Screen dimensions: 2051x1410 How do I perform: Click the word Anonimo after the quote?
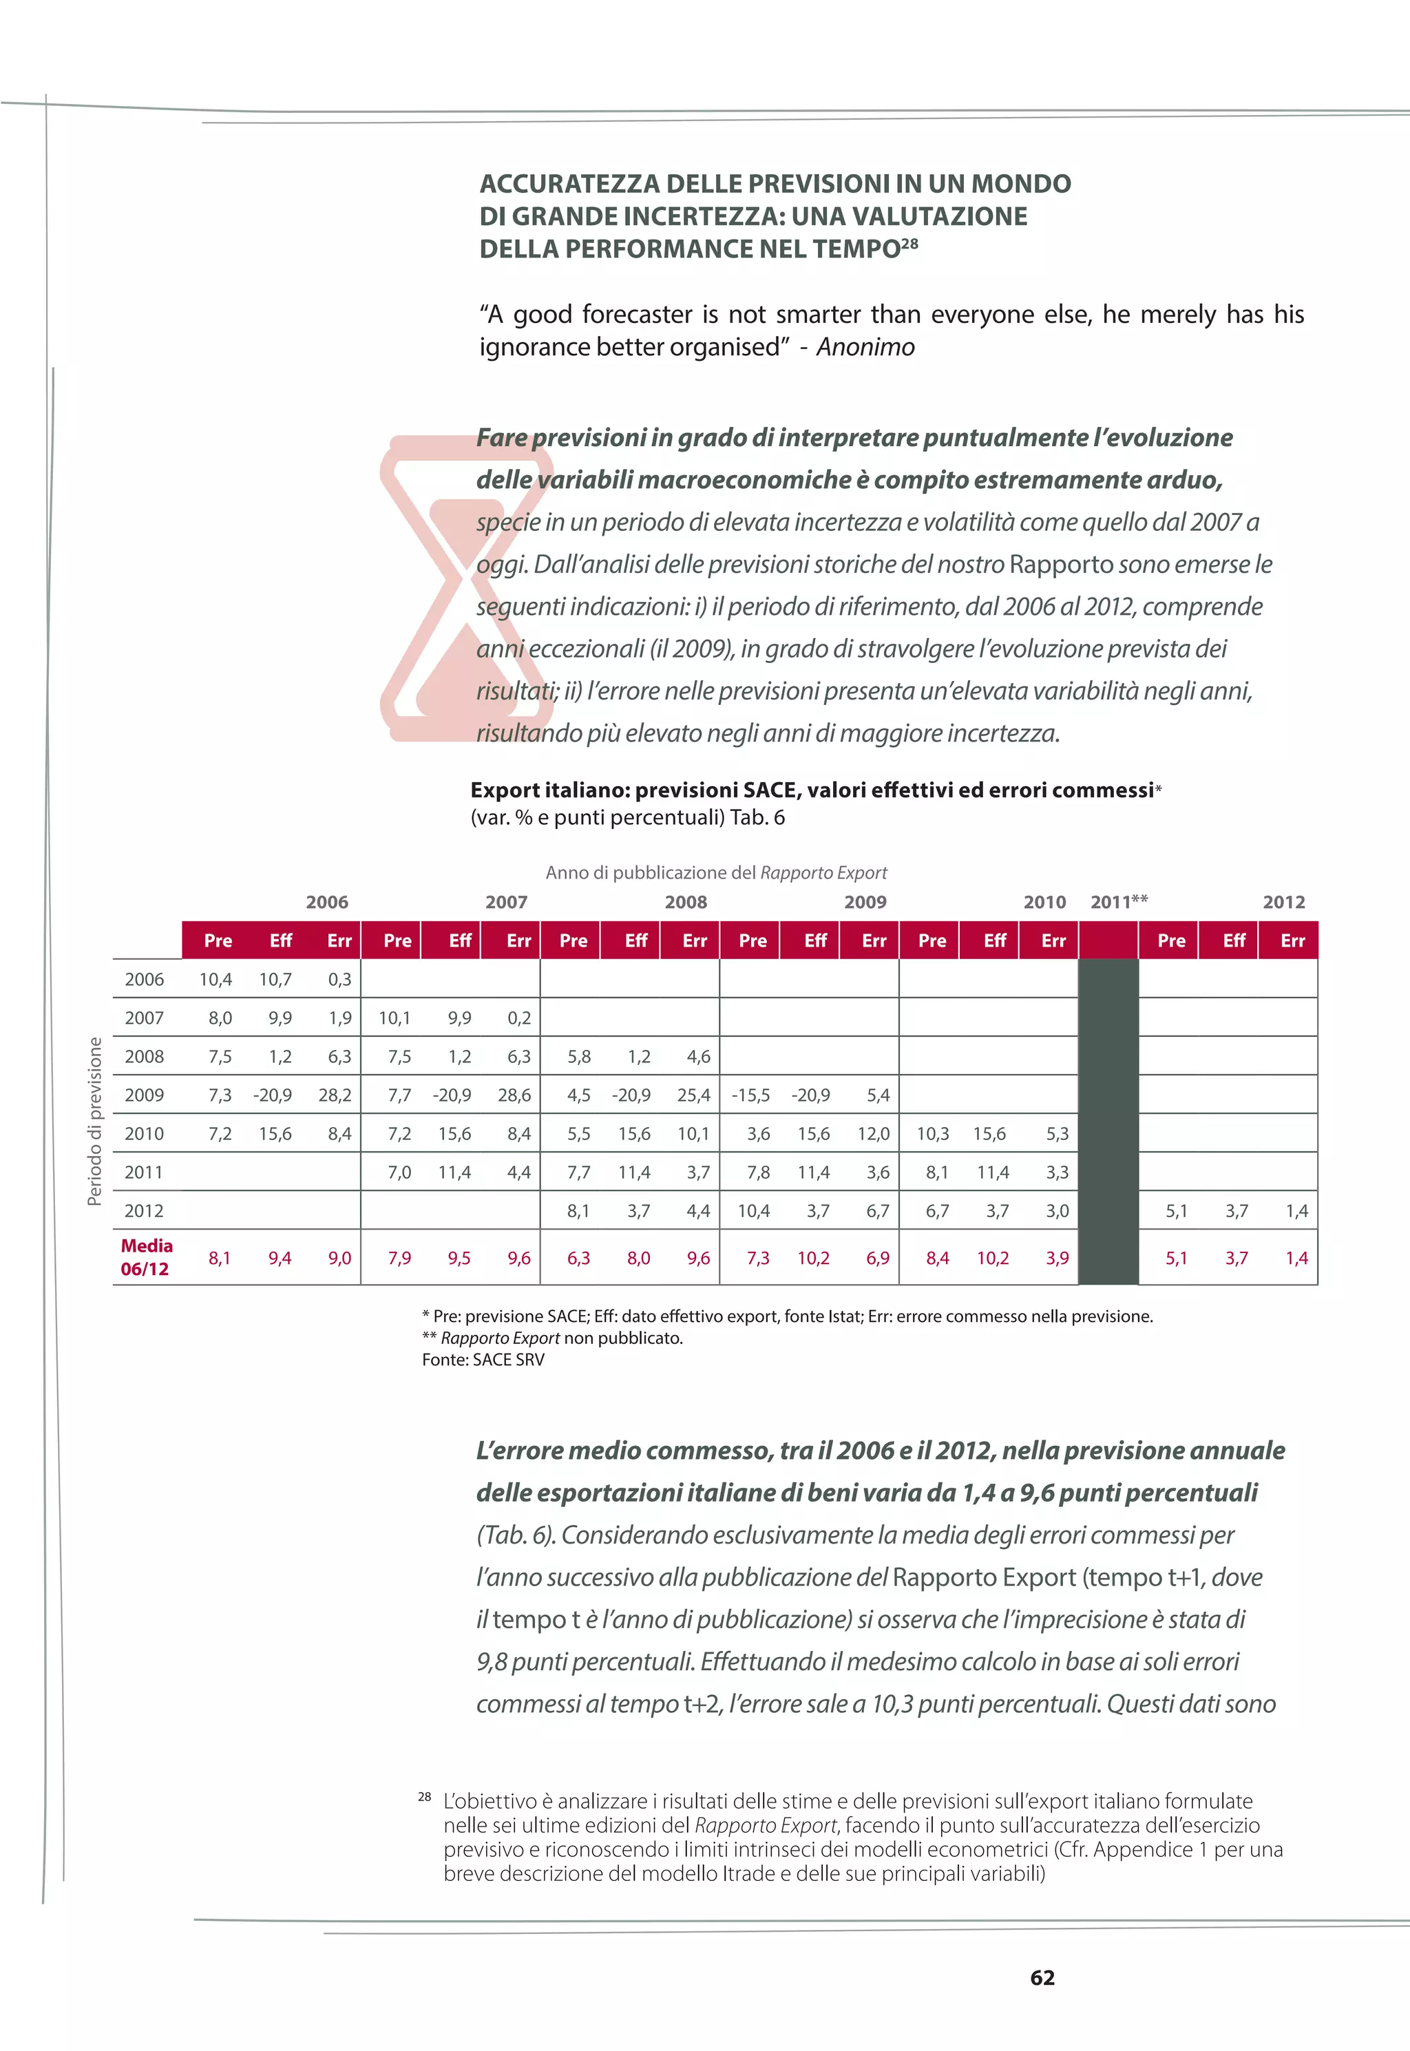(x=865, y=347)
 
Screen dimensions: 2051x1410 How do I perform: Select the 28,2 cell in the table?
(x=335, y=1095)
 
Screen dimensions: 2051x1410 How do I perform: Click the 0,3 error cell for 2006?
(x=339, y=980)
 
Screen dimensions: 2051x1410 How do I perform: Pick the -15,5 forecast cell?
(x=750, y=1095)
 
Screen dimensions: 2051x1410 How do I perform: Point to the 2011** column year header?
(x=1119, y=902)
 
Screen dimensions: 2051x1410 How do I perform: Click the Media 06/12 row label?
(x=146, y=1257)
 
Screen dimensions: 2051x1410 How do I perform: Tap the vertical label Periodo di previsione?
(x=94, y=1121)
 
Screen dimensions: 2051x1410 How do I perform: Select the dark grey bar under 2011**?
(x=1108, y=1122)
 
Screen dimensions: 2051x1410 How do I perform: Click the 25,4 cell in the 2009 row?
(x=693, y=1095)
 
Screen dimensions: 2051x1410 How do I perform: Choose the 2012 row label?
(x=144, y=1211)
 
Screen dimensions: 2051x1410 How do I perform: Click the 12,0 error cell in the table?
(x=873, y=1134)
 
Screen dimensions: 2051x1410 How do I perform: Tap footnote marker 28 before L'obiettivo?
(x=424, y=1797)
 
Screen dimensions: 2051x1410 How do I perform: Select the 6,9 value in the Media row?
(x=877, y=1258)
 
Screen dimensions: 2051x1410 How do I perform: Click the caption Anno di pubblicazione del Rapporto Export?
(x=715, y=873)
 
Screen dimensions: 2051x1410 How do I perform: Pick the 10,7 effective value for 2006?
(x=275, y=980)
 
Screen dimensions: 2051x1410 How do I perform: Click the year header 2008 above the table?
(x=686, y=902)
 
